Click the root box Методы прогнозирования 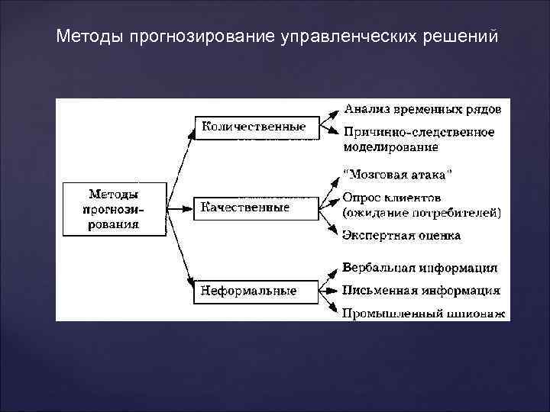tap(114, 208)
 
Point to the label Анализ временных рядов tap(422, 108)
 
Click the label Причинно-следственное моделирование tap(419, 139)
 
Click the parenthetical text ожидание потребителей tap(422, 213)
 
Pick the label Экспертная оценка tap(402, 235)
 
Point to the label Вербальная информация tap(420, 268)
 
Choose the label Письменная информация tap(422, 290)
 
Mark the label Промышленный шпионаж tap(424, 313)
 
